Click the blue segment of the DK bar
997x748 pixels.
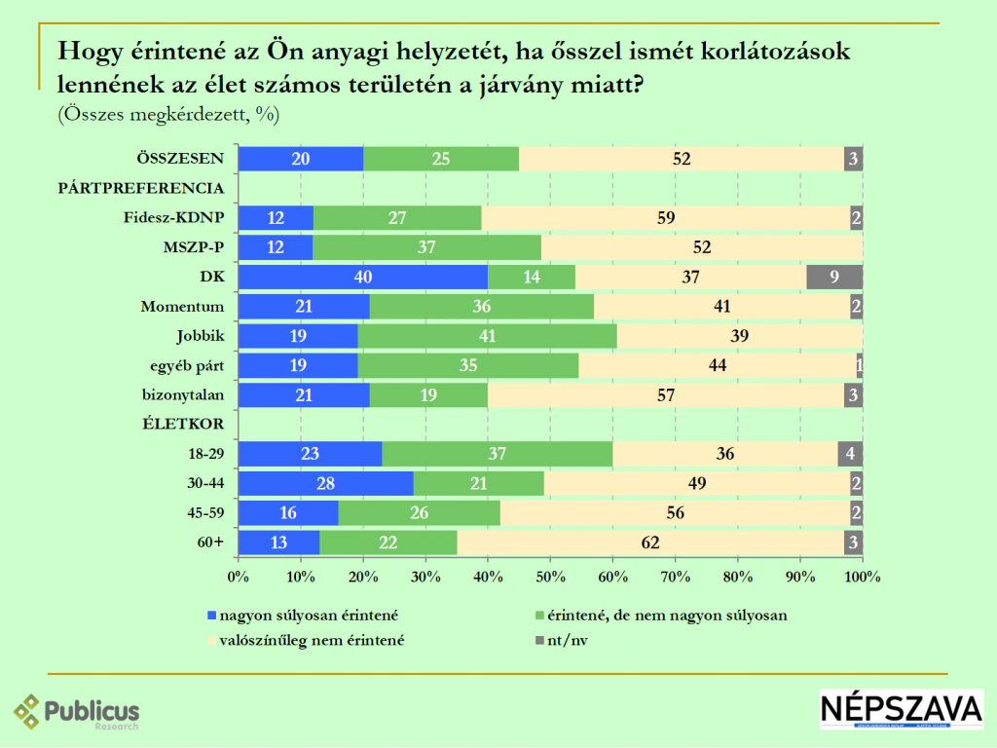click(x=362, y=277)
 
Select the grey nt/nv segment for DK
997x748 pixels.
click(x=834, y=277)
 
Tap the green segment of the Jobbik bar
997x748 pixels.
click(x=487, y=336)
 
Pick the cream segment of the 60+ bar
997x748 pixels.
click(x=650, y=542)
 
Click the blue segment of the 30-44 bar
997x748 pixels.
click(x=325, y=484)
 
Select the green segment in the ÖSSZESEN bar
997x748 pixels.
click(x=441, y=159)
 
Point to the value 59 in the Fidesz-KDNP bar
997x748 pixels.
click(x=666, y=218)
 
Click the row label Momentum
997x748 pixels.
click(x=182, y=307)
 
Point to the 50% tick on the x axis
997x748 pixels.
click(x=550, y=576)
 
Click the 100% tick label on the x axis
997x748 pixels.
click(x=862, y=576)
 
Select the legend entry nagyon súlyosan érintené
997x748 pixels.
click(x=309, y=616)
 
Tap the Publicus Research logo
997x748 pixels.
click(x=77, y=712)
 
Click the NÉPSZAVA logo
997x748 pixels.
click(x=901, y=710)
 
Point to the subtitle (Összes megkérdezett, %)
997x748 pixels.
click(x=168, y=114)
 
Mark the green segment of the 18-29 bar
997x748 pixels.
click(x=497, y=454)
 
